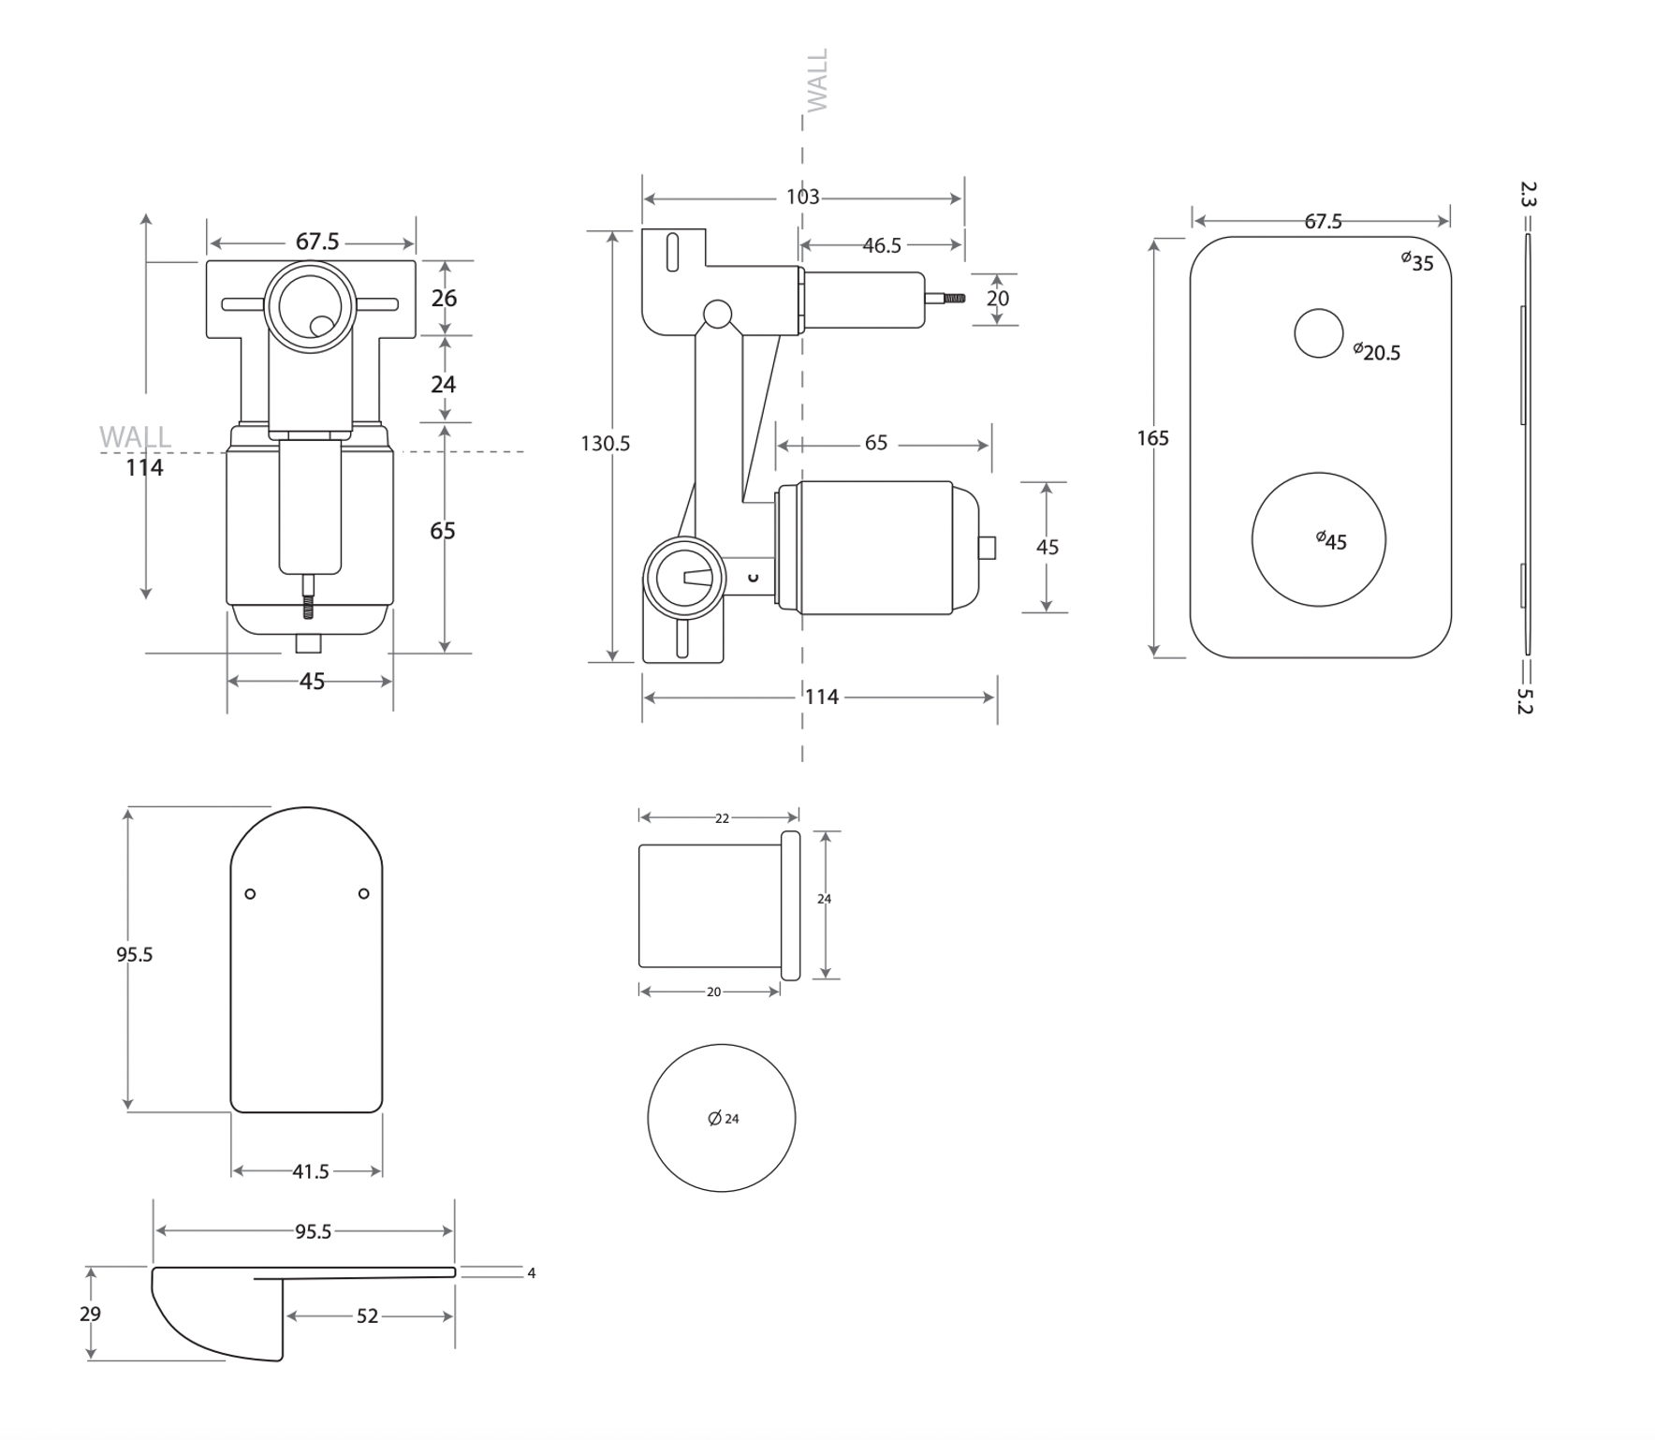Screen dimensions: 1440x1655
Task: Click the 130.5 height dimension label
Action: pyautogui.click(x=605, y=444)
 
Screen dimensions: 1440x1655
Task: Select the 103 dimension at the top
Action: pyautogui.click(x=802, y=198)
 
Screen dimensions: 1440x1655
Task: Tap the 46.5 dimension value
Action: pyautogui.click(x=881, y=245)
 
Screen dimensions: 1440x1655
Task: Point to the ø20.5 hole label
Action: pyautogui.click(x=1378, y=352)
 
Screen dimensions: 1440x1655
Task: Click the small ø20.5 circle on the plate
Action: pyautogui.click(x=1318, y=333)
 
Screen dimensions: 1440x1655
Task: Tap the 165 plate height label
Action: pyautogui.click(x=1152, y=438)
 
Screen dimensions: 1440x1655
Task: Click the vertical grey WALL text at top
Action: pyautogui.click(x=817, y=81)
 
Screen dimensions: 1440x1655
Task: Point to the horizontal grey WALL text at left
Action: pyautogui.click(x=135, y=436)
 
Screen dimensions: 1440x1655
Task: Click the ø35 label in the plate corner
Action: pyautogui.click(x=1417, y=262)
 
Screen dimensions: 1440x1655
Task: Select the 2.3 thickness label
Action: pyautogui.click(x=1527, y=195)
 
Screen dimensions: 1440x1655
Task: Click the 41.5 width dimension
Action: pyautogui.click(x=311, y=1172)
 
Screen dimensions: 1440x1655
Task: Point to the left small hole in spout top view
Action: pyautogui.click(x=250, y=894)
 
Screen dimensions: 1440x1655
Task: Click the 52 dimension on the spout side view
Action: pyautogui.click(x=367, y=1316)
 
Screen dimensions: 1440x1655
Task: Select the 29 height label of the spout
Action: pyautogui.click(x=90, y=1314)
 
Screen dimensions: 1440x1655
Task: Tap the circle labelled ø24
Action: pyautogui.click(x=721, y=1118)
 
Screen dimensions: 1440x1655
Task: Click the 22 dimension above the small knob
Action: pyautogui.click(x=722, y=818)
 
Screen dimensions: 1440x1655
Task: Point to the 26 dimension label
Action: pyautogui.click(x=444, y=298)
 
